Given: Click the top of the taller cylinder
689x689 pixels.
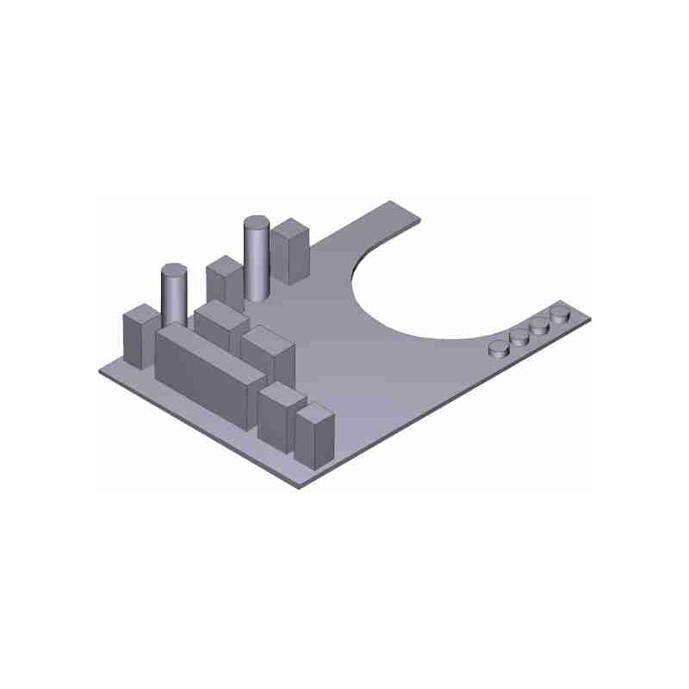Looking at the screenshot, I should [256, 223].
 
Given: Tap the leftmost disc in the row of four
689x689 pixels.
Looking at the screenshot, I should [500, 349].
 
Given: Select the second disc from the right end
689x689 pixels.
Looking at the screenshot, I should [540, 326].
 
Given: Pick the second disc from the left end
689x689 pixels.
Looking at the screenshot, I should [519, 337].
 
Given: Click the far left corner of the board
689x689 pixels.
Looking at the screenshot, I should [102, 369].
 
